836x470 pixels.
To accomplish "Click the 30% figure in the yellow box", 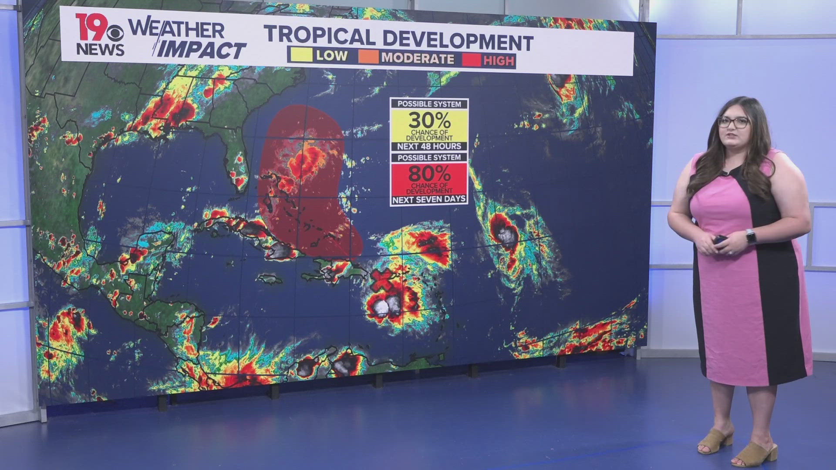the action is (x=429, y=120).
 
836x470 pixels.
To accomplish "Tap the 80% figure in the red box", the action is (x=429, y=174).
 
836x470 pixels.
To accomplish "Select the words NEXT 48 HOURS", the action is (x=429, y=146).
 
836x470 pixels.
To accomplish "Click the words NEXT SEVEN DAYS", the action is (x=429, y=200).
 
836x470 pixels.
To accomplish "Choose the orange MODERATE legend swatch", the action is (x=368, y=57).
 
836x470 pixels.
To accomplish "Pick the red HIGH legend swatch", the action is (x=471, y=59).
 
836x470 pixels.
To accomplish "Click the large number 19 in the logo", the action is (x=91, y=27).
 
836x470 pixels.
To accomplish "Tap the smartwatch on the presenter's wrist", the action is (x=750, y=237).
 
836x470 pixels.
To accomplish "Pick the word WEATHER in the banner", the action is (x=176, y=29).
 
